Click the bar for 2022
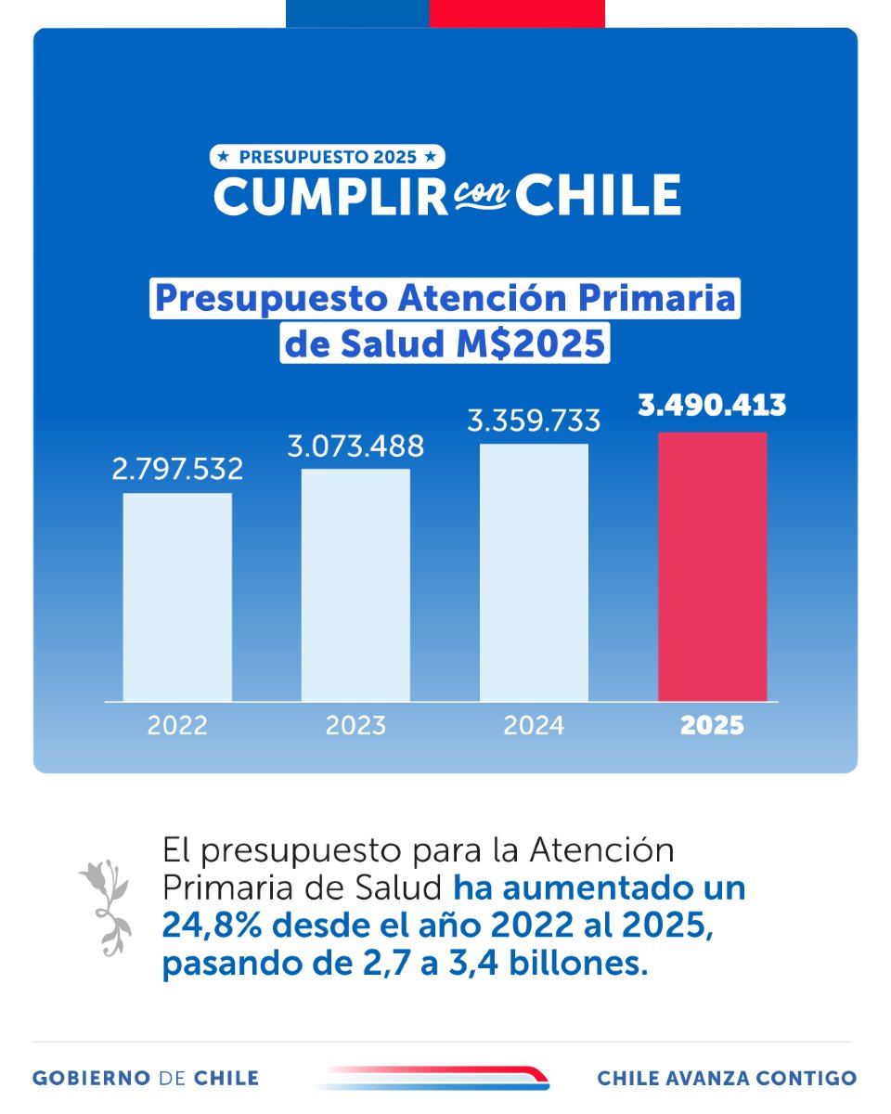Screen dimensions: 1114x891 (x=177, y=596)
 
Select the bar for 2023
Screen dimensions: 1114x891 (x=355, y=585)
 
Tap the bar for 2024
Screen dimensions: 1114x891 (x=534, y=572)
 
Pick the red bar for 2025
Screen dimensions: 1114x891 (x=712, y=566)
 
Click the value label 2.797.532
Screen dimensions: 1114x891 (x=177, y=469)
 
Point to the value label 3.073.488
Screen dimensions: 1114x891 (x=355, y=446)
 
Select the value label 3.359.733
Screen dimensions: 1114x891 (x=534, y=421)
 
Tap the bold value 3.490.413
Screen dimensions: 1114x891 (x=712, y=406)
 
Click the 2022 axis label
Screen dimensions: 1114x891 (x=177, y=725)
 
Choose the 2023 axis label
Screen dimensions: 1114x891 (x=355, y=725)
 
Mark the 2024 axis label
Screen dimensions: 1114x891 (x=534, y=725)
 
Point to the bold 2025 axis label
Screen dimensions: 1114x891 (x=712, y=725)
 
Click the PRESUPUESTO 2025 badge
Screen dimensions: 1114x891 (x=329, y=157)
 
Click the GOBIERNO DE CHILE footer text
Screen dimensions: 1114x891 (x=146, y=1078)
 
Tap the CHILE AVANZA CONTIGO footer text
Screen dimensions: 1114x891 (x=727, y=1078)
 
